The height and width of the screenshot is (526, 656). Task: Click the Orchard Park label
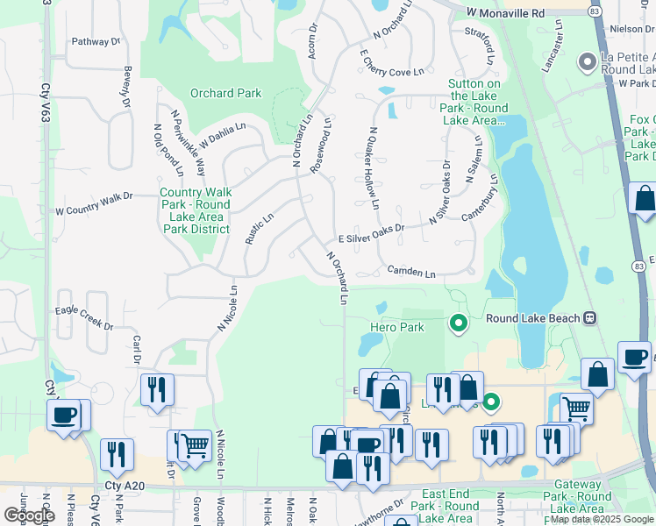(x=226, y=93)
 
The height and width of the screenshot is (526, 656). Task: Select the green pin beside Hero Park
(x=458, y=324)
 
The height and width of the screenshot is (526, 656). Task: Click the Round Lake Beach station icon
(x=590, y=317)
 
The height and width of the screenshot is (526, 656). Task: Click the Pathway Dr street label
(x=96, y=41)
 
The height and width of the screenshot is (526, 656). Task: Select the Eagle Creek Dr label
(x=84, y=316)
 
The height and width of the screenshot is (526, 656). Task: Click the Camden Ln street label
(x=411, y=274)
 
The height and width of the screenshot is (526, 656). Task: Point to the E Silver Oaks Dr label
(x=371, y=238)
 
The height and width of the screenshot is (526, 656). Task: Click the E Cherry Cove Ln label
(x=391, y=63)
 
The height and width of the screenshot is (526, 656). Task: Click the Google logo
(x=29, y=515)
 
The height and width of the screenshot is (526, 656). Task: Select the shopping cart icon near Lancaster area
(x=576, y=408)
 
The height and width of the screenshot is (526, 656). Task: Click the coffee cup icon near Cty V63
(x=66, y=415)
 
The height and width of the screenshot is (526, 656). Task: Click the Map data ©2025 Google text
(x=601, y=519)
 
